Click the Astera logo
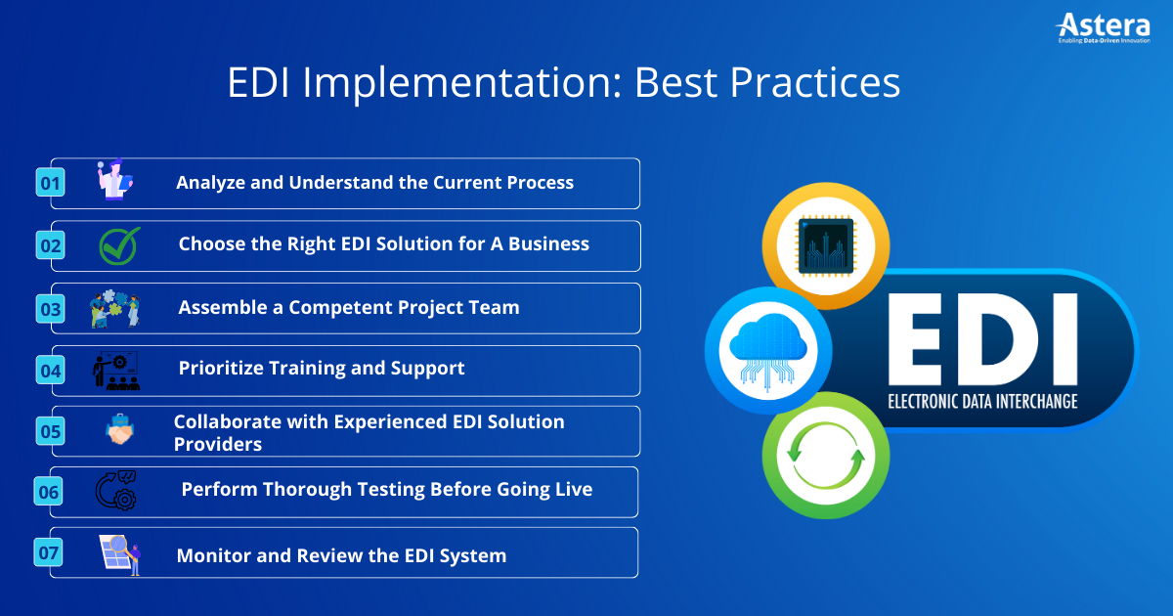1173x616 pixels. pos(1104,28)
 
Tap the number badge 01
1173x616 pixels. pos(50,182)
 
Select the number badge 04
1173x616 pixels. pos(50,371)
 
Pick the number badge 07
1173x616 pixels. pos(48,552)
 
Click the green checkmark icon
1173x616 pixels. pos(120,245)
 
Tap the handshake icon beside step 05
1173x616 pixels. pos(120,429)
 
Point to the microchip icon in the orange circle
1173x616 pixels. pos(826,246)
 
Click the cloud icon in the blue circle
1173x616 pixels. pos(768,351)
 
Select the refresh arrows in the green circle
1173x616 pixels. pos(826,456)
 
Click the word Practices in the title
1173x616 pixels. pos(814,83)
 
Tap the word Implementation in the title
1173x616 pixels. pos(461,84)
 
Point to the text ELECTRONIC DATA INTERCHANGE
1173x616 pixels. pos(982,402)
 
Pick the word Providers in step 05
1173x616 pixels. pos(218,444)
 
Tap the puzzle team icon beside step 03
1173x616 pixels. pos(115,309)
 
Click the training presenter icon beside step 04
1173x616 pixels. pos(116,371)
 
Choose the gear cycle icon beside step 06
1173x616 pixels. pos(115,490)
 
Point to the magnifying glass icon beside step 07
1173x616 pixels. pos(120,554)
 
